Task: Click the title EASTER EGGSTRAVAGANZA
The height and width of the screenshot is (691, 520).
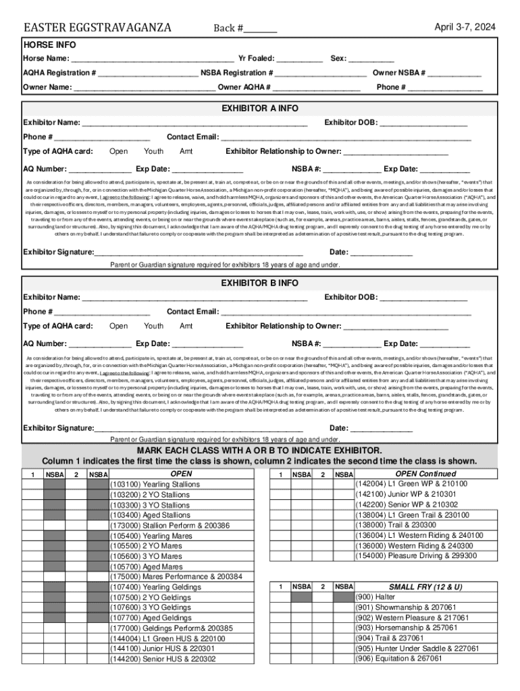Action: (97, 28)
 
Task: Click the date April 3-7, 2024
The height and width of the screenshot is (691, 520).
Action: (465, 28)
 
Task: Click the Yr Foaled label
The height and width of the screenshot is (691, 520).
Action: (252, 59)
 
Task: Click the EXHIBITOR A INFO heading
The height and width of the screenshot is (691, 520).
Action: (260, 109)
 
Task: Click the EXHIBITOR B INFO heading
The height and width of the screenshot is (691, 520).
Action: (260, 283)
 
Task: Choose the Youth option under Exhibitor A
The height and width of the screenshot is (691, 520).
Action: (154, 152)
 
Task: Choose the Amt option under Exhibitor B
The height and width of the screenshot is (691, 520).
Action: (186, 326)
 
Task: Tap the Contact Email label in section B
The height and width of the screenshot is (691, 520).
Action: (192, 312)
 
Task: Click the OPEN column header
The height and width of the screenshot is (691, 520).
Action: (181, 474)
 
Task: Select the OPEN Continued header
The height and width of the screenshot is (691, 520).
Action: (425, 474)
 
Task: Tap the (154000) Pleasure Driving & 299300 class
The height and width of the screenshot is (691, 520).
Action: (415, 556)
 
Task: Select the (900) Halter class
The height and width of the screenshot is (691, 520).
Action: (375, 597)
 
